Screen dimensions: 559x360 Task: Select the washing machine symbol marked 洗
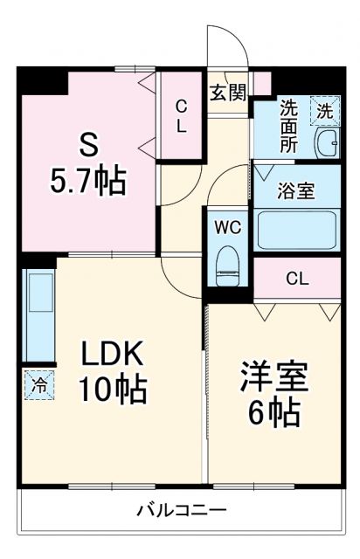tap(324, 111)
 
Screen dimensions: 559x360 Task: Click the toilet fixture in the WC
tap(228, 260)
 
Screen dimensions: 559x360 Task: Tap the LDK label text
tap(114, 355)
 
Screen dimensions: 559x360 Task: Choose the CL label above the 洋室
tap(297, 279)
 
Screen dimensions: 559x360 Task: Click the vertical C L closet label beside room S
tap(181, 115)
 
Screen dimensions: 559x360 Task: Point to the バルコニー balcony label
tap(181, 510)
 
